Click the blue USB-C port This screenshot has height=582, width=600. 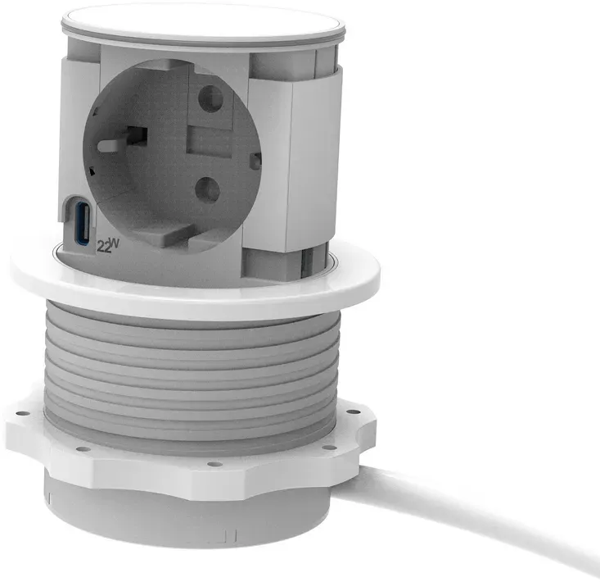83,224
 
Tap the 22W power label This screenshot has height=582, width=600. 108,246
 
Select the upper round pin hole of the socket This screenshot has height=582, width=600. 211,98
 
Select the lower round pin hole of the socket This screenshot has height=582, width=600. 207,190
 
